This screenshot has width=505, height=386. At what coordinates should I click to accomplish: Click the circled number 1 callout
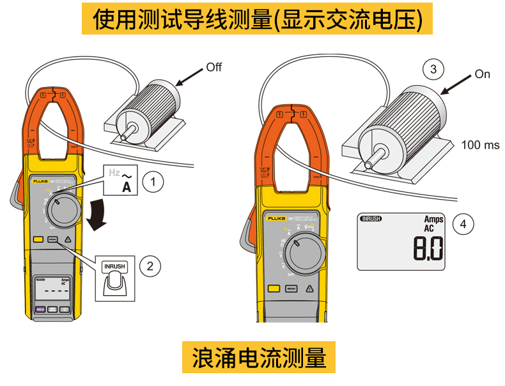[x=153, y=182]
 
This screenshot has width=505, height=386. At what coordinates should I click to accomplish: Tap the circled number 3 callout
[x=434, y=69]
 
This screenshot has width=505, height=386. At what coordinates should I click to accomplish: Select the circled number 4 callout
[x=463, y=223]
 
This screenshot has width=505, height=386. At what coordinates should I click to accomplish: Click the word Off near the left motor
[x=214, y=67]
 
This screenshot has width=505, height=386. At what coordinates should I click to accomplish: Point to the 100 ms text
[x=480, y=145]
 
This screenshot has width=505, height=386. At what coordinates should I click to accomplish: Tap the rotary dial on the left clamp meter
[x=63, y=211]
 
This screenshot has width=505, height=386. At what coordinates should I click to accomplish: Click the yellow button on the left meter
[x=38, y=241]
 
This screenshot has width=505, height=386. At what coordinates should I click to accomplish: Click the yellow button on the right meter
[x=274, y=289]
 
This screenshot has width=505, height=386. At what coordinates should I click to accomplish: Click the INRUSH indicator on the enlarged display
[x=371, y=219]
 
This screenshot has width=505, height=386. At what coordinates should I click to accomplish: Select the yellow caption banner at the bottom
[x=259, y=357]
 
